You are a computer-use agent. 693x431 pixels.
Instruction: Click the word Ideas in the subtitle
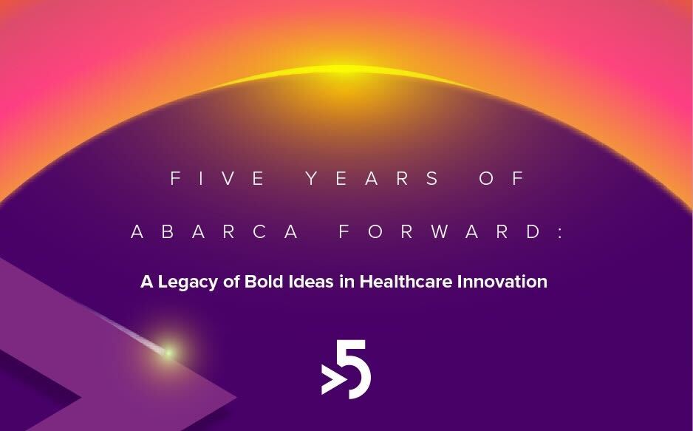tap(310, 282)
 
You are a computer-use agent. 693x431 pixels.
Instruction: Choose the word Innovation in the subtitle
tap(506, 282)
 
